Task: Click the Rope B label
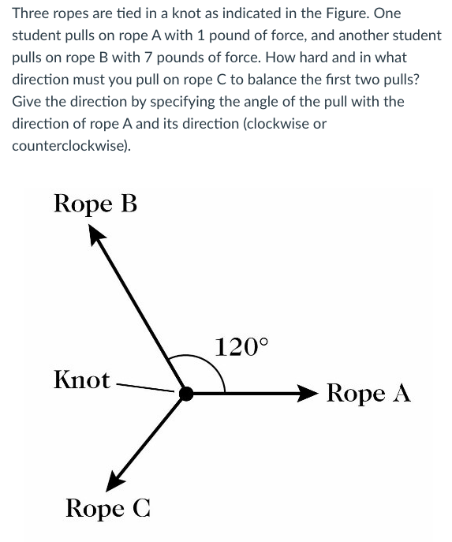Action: click(95, 204)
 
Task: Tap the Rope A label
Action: click(368, 393)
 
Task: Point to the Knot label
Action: click(82, 379)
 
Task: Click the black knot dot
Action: click(186, 393)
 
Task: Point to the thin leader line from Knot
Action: click(144, 387)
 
